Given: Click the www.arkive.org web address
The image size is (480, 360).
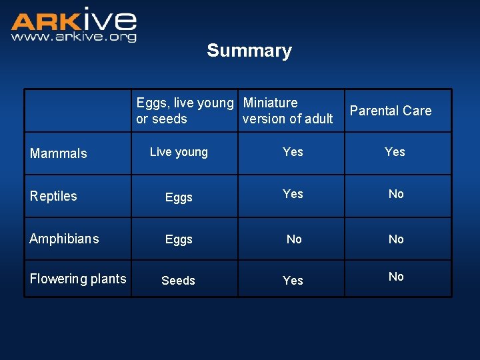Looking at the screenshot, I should click(x=73, y=37).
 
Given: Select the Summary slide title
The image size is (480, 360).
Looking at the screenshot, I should click(x=249, y=51).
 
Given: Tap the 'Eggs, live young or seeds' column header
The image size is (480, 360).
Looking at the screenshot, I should click(x=185, y=111).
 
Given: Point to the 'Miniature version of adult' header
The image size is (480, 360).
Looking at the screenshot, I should click(x=287, y=111).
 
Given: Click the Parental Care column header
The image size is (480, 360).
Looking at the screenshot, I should click(x=390, y=111).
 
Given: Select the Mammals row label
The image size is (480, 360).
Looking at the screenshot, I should click(x=59, y=153).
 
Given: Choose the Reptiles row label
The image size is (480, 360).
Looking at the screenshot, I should click(x=53, y=196).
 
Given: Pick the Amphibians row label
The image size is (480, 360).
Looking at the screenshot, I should click(x=64, y=239).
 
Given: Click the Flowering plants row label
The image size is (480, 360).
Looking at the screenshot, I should click(x=78, y=279).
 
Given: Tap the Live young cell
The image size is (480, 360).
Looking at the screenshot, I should click(x=179, y=152).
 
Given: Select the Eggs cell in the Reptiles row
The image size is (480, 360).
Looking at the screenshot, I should click(x=179, y=197).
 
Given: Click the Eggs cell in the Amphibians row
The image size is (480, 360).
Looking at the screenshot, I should click(x=179, y=239).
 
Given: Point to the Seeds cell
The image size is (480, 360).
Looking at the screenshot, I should click(x=178, y=281).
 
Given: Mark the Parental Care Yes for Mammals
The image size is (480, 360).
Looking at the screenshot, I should click(x=395, y=152).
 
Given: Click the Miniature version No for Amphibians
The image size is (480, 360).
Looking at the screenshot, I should click(x=293, y=239).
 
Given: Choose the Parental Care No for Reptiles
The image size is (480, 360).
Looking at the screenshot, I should click(x=396, y=194).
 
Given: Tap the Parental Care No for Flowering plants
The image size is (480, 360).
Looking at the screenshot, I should click(x=396, y=277).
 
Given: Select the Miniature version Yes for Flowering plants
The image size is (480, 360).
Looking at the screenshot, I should click(x=293, y=281).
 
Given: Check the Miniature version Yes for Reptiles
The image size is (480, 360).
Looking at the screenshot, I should click(x=293, y=194).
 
